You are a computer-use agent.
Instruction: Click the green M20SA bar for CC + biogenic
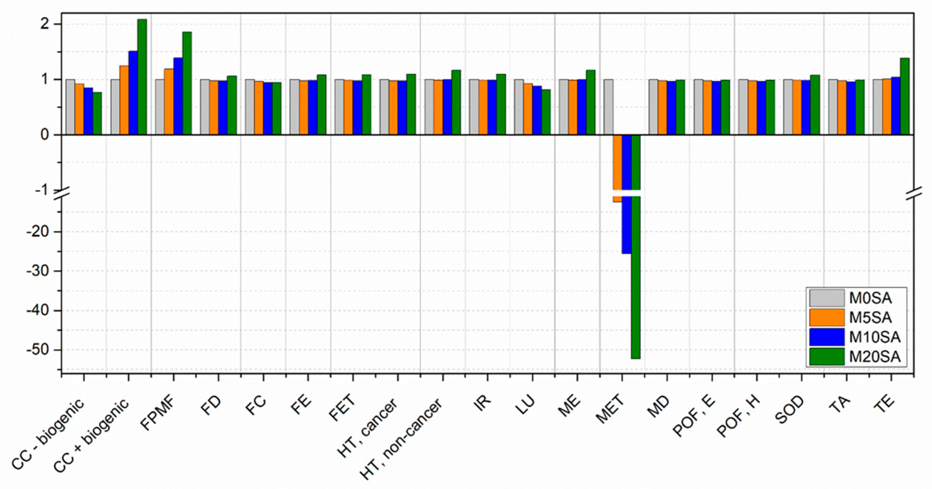pyautogui.click(x=142, y=77)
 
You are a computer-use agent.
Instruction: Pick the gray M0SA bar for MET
pyautogui.click(x=608, y=107)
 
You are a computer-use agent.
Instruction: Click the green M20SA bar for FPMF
pyautogui.click(x=187, y=83)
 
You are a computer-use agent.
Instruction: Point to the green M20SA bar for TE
pyautogui.click(x=905, y=96)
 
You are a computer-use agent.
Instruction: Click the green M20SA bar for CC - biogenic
pyautogui.click(x=97, y=113)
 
